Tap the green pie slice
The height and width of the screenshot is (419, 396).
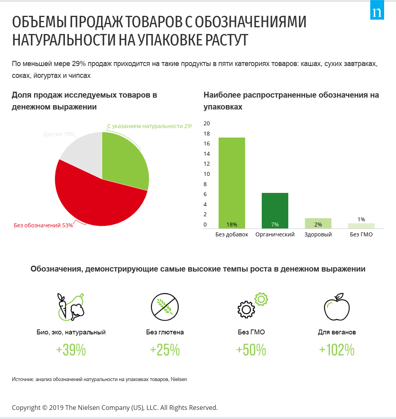125,162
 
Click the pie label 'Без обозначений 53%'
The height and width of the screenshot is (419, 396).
43,226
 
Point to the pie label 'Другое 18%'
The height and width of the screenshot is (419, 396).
59,134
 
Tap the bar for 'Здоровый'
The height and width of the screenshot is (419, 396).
318,223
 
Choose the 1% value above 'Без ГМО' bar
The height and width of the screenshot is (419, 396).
361,219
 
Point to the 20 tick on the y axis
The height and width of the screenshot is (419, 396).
206,123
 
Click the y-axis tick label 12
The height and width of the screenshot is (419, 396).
206,164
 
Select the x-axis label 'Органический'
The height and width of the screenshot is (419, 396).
275,234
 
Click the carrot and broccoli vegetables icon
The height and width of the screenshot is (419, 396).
71,306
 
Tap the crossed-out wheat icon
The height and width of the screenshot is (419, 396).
165,306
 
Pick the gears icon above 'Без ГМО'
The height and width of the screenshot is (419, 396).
252,305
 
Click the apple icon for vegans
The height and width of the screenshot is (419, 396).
337,306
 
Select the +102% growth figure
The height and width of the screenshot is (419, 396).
337,350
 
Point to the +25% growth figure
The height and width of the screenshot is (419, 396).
165,350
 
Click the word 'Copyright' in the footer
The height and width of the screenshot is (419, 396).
26,408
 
